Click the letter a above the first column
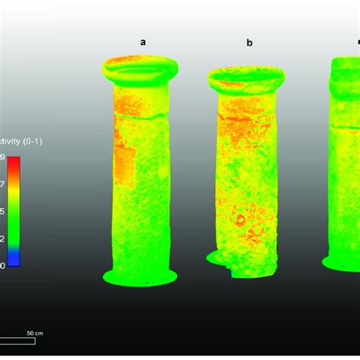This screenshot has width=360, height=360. tap(143, 43)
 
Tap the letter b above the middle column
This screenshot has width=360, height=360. tap(249, 43)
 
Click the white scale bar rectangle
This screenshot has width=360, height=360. tap(17, 340)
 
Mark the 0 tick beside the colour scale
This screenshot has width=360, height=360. tap(3, 265)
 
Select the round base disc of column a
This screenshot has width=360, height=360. tap(140, 276)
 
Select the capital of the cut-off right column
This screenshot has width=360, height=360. tap(346, 72)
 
